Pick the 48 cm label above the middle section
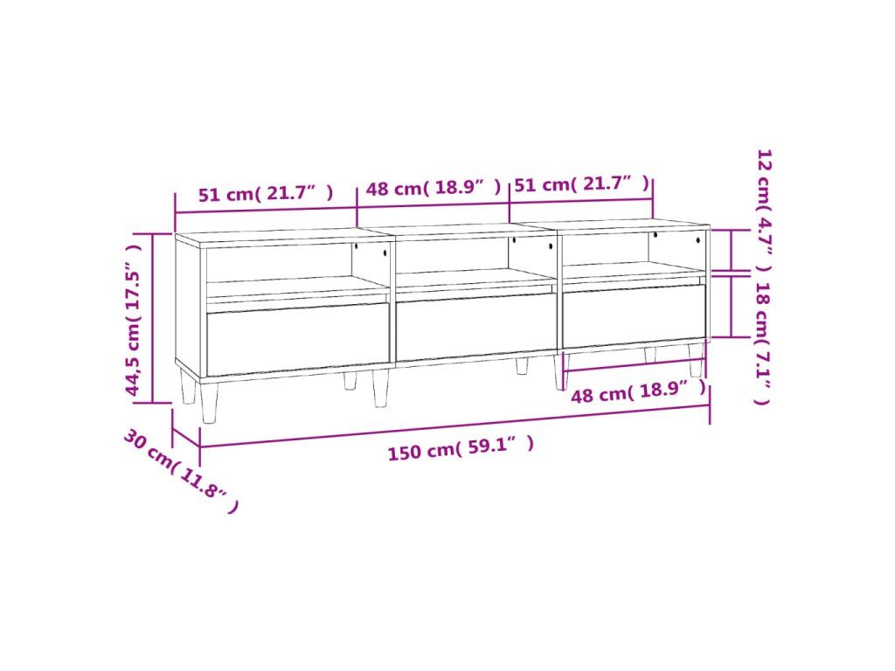point(434,187)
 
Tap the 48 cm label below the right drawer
point(639,392)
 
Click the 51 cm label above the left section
point(266,193)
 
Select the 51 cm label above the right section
point(581,183)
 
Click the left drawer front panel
point(297,339)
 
